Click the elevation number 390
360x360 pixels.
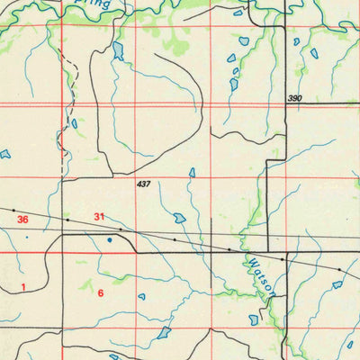[x=296, y=98]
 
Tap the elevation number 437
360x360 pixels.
[x=143, y=184]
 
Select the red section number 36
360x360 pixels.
[x=22, y=220]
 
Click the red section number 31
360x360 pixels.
[x=100, y=216]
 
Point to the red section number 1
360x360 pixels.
[x=23, y=285]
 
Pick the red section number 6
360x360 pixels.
[x=101, y=292]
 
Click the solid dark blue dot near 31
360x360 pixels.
[x=110, y=240]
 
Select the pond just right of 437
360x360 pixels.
[x=192, y=173]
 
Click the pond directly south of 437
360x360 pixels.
[x=179, y=218]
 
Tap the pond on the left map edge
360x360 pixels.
[x=4, y=154]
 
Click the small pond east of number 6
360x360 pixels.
[x=141, y=296]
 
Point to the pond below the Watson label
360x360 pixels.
[x=254, y=319]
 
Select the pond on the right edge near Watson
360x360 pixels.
[x=337, y=284]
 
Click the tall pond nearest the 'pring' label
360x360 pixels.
[x=118, y=50]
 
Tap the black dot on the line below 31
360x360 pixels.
[x=121, y=229]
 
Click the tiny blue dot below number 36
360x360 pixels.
[x=27, y=237]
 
